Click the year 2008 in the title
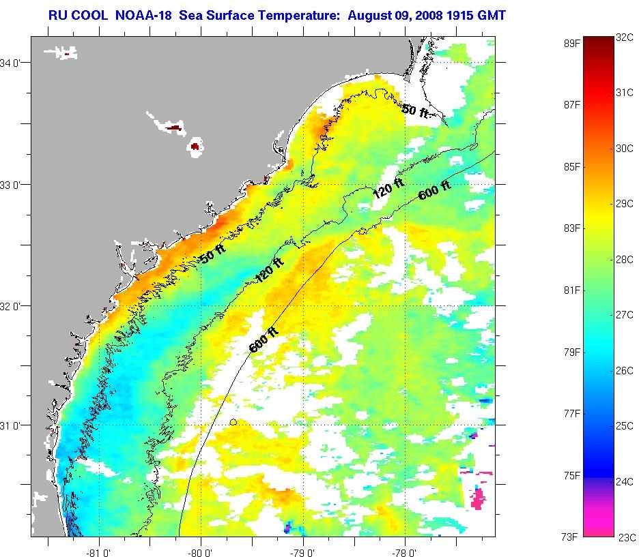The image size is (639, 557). coord(429,14)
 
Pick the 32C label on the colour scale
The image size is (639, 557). coord(625,38)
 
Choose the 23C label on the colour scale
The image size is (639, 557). coord(626,537)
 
